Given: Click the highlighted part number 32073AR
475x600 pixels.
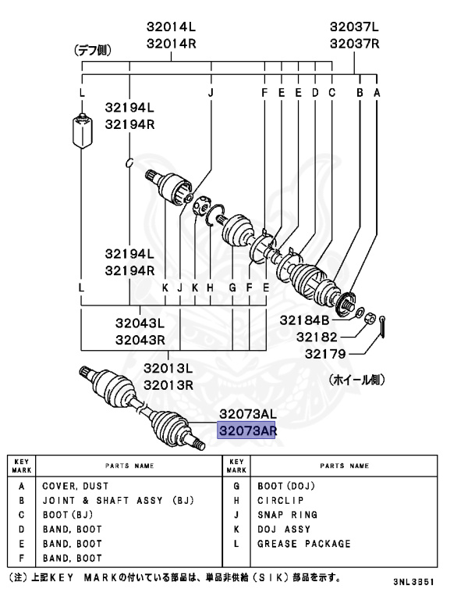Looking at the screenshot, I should coord(247,430).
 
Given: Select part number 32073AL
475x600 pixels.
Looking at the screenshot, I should coord(247,414).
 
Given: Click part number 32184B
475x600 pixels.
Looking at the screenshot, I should coord(306,320).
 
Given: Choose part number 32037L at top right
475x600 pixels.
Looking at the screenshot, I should coord(354,27).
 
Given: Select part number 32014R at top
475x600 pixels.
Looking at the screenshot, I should coord(172,44).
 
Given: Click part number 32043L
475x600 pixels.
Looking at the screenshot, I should coord(140,323).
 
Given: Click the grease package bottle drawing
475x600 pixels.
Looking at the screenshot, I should coord(81,131).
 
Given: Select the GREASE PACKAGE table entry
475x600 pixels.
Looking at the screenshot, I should coord(304,544).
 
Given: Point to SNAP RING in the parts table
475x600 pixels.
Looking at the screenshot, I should coord(287,515).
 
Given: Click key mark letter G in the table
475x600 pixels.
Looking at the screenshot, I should coord(236,485).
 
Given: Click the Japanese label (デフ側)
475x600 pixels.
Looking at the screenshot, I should coord(93,52).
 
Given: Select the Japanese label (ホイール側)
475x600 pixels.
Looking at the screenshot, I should coord(355,380).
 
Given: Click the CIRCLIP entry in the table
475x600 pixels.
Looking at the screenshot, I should coord(281,500).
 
